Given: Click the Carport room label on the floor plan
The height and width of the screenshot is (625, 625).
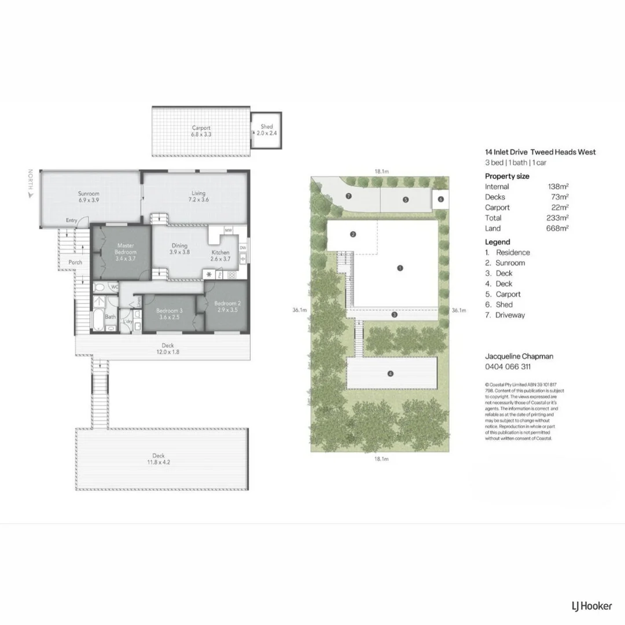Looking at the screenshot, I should (x=201, y=131).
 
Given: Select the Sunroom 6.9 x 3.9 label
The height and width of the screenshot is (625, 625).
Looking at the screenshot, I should (x=89, y=197).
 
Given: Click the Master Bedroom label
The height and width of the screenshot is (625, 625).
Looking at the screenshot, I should (x=126, y=252).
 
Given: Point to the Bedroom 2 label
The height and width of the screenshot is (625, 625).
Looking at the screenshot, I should (x=227, y=307).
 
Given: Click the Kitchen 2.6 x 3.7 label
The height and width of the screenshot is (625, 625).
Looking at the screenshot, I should (x=220, y=256).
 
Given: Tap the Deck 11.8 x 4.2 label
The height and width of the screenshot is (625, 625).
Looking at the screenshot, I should (x=161, y=458).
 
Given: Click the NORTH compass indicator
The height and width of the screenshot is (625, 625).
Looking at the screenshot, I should (x=30, y=184).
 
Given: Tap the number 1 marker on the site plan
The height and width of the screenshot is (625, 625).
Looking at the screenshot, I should (x=400, y=268).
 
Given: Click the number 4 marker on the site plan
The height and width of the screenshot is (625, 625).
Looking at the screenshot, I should (x=390, y=374).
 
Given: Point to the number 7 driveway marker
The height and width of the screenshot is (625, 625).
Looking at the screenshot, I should (x=348, y=196).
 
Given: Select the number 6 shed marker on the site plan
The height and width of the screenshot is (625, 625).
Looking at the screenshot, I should (x=440, y=199).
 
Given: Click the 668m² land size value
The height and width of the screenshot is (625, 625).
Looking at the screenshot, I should (x=558, y=229).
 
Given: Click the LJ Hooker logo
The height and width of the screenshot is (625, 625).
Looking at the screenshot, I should (x=587, y=606).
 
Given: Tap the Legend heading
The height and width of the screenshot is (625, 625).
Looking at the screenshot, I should (x=498, y=242).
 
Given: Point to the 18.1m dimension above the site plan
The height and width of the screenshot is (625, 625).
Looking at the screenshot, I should (x=381, y=171).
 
